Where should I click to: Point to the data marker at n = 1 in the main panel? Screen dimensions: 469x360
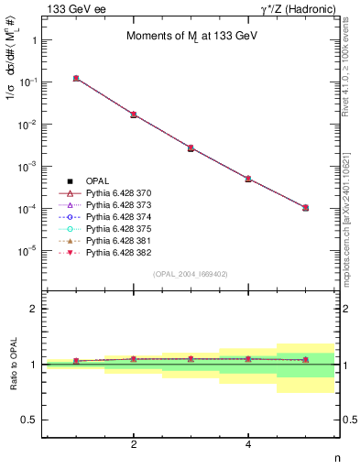(76, 79)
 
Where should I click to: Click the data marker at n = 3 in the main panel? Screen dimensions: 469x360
(191, 147)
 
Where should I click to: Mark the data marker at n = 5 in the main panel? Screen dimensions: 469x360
(305, 208)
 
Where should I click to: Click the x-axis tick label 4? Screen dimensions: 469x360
(248, 444)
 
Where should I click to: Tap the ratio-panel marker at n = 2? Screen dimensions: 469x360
(134, 359)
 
